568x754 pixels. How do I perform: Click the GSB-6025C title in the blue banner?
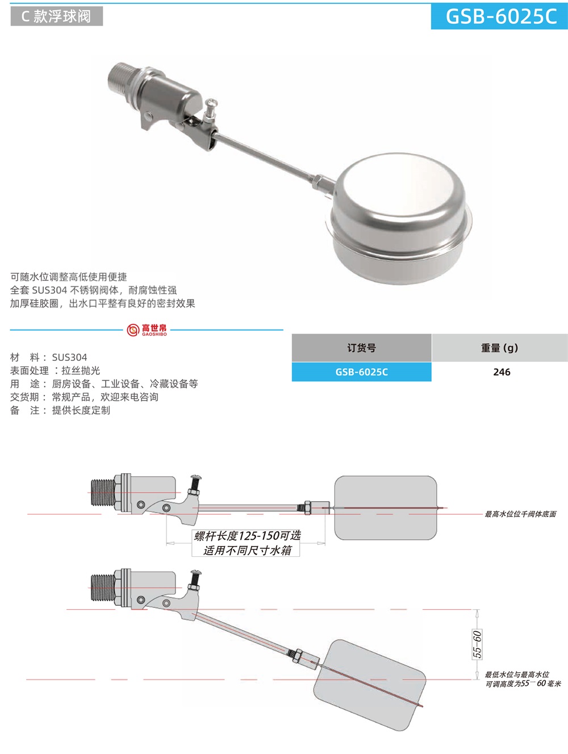tap(500, 16)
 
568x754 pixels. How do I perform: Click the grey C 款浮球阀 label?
tap(56, 16)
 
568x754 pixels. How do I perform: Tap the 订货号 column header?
tap(361, 348)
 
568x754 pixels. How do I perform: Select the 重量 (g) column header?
tap(499, 348)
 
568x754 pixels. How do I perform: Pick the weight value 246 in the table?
tap(502, 372)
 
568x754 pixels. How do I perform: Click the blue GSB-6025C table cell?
tap(361, 372)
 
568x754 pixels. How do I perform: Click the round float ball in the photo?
tap(400, 218)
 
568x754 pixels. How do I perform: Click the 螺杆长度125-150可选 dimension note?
tap(247, 536)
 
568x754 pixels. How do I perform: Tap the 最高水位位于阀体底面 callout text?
tap(520, 514)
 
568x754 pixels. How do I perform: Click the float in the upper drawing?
tap(386, 507)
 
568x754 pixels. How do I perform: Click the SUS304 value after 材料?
tap(69, 357)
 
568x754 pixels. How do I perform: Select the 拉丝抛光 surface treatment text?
tap(81, 370)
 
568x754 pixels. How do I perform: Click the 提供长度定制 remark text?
tap(81, 410)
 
